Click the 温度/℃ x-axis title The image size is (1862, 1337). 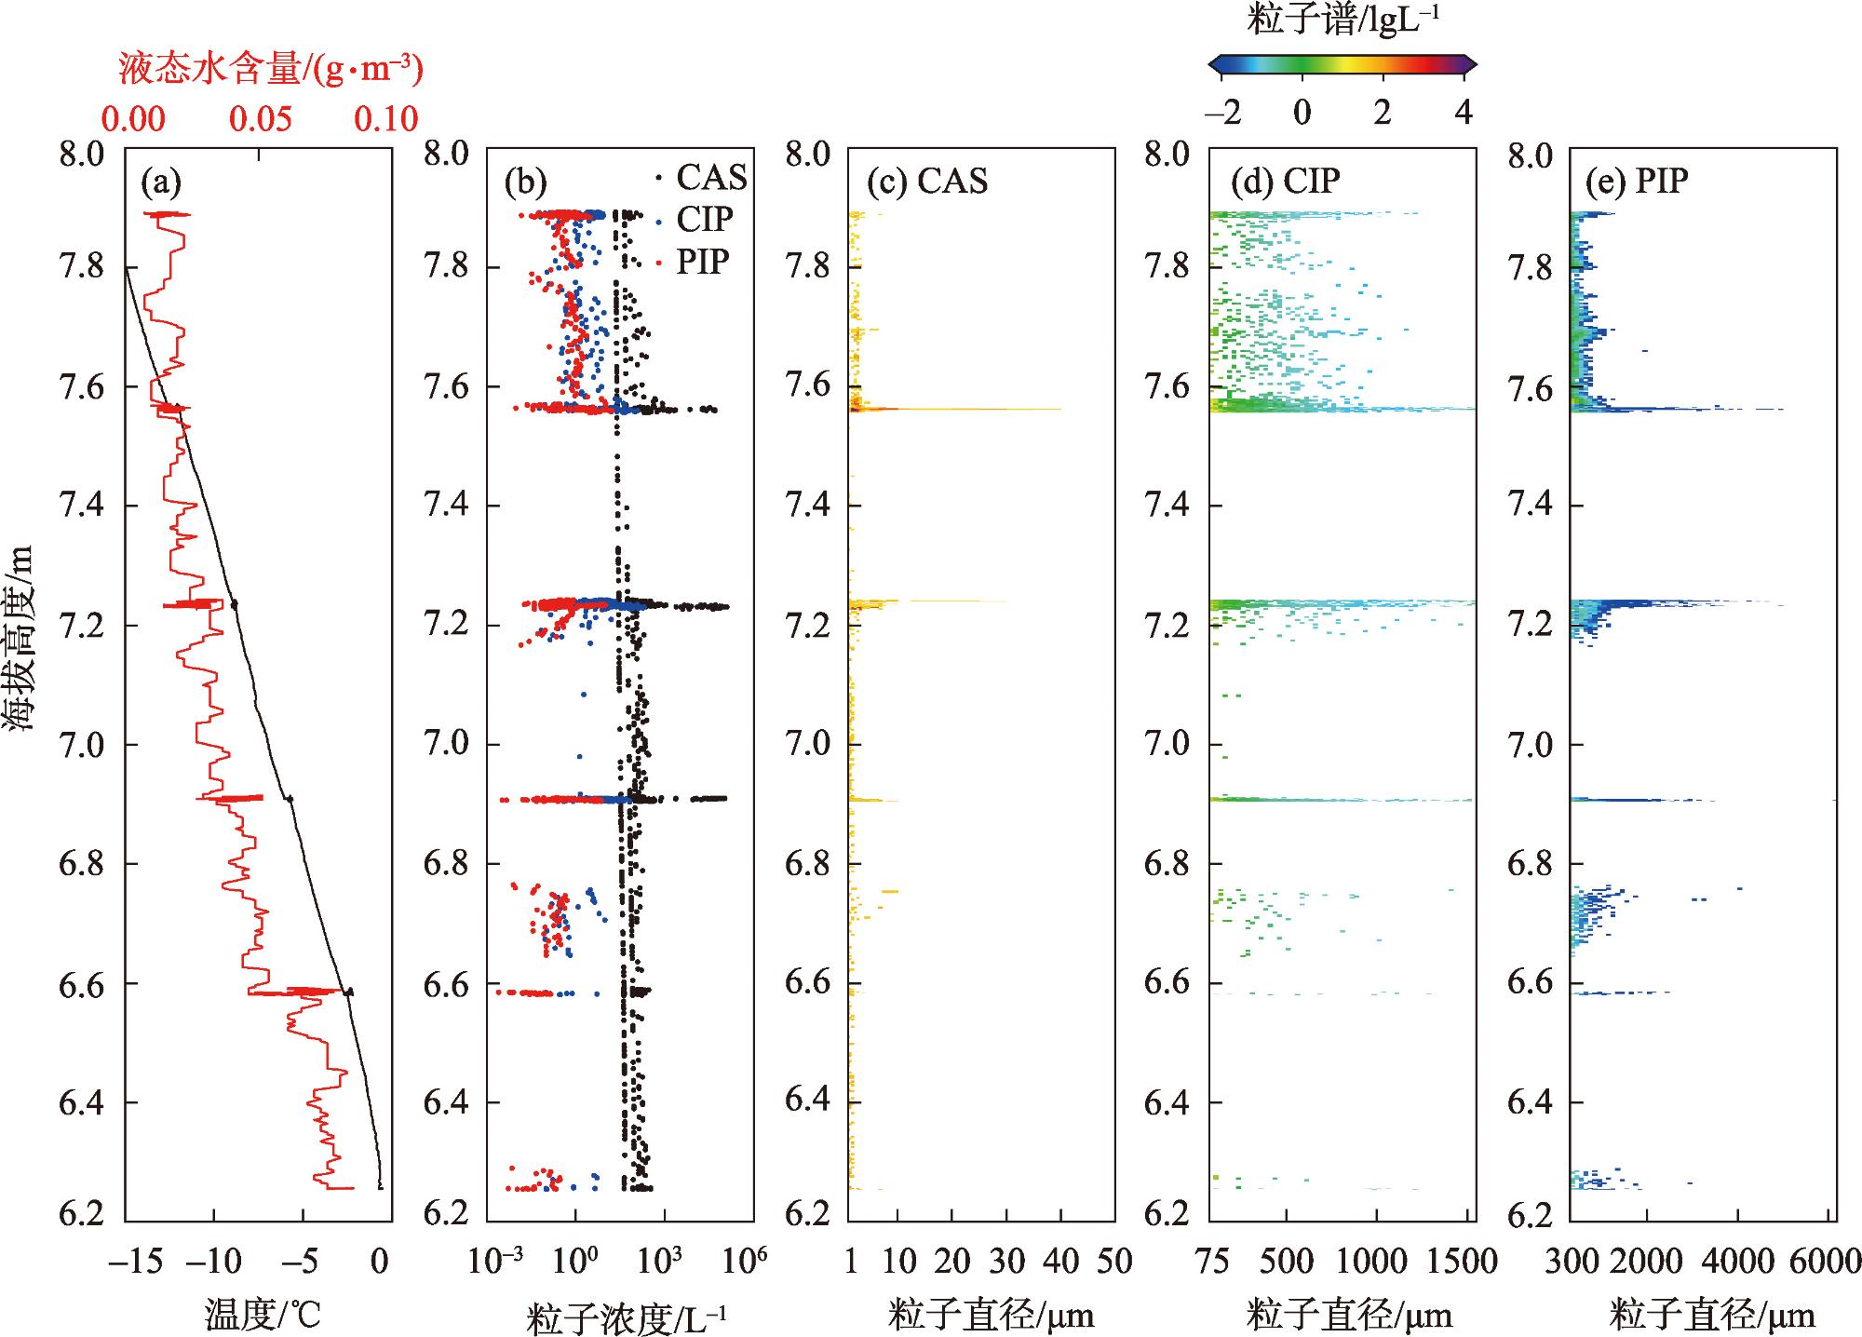pyautogui.click(x=262, y=1315)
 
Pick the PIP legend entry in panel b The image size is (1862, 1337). pyautogui.click(x=701, y=263)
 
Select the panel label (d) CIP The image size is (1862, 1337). pyautogui.click(x=1285, y=182)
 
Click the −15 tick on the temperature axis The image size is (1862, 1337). pyautogui.click(x=136, y=1263)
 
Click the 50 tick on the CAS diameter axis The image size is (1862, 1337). pyautogui.click(x=1113, y=1263)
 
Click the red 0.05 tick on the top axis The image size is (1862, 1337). pyautogui.click(x=262, y=119)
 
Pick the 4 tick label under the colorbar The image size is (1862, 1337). pyautogui.click(x=1463, y=113)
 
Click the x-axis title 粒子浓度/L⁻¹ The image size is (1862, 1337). pyautogui.click(x=626, y=1317)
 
